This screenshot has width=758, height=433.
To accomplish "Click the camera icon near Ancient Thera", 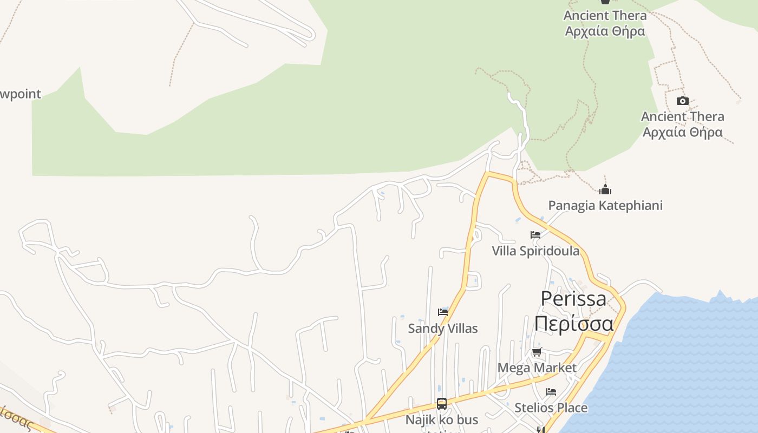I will (682, 101).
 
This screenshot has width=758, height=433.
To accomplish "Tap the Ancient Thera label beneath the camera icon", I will (682, 124).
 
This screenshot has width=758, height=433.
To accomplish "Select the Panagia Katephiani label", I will (605, 206).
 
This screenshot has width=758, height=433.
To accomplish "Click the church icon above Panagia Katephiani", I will (605, 189).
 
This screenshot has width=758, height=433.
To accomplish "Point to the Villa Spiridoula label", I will (535, 251).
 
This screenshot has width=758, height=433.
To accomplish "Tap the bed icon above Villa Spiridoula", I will (535, 235).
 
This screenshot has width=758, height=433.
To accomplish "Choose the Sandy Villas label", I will (442, 329).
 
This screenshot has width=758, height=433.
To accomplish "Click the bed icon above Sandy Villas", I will (442, 312).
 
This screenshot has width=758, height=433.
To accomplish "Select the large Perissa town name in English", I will (573, 299).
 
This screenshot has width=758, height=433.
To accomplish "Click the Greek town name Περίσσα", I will (573, 323).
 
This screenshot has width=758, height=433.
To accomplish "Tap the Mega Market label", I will (537, 368).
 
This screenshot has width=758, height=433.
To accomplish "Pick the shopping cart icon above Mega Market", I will (537, 353).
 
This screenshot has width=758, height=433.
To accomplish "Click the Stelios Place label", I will (551, 408).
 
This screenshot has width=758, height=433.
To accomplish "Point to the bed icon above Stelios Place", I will (551, 392).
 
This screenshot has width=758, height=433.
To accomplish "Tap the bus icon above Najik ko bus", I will (442, 404).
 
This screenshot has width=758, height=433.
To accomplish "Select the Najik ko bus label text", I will (442, 420).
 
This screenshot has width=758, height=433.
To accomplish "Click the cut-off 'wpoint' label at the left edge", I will (20, 94).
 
